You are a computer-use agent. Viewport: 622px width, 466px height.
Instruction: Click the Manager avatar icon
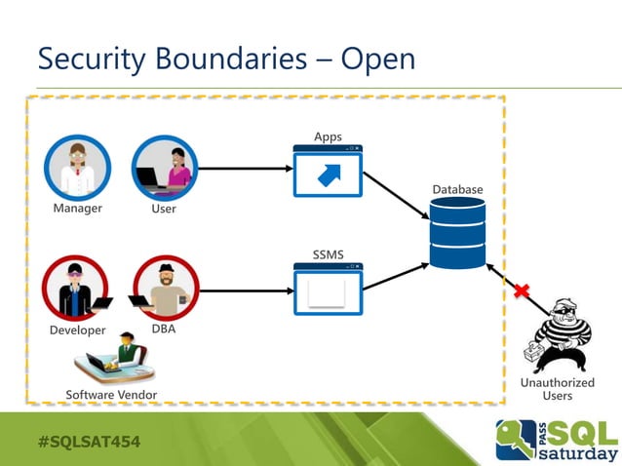tap(77, 168)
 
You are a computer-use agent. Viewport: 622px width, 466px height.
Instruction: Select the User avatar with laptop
tap(164, 168)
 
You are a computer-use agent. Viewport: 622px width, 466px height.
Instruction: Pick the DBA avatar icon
tap(165, 289)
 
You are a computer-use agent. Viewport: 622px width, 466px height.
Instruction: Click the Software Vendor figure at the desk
tap(115, 360)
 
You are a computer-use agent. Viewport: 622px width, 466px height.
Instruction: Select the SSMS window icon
tap(328, 290)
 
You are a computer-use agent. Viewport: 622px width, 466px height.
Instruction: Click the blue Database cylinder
tap(457, 233)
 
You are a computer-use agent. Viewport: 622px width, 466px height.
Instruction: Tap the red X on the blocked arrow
tap(522, 290)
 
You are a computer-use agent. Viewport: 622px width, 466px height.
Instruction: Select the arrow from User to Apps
tap(244, 169)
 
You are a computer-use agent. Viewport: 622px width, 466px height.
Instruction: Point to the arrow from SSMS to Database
tap(395, 275)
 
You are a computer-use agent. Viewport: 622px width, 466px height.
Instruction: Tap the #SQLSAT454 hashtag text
tap(89, 442)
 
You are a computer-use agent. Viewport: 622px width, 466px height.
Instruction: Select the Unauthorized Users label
tap(557, 389)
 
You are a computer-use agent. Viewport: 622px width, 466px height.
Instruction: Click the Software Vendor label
tap(111, 394)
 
